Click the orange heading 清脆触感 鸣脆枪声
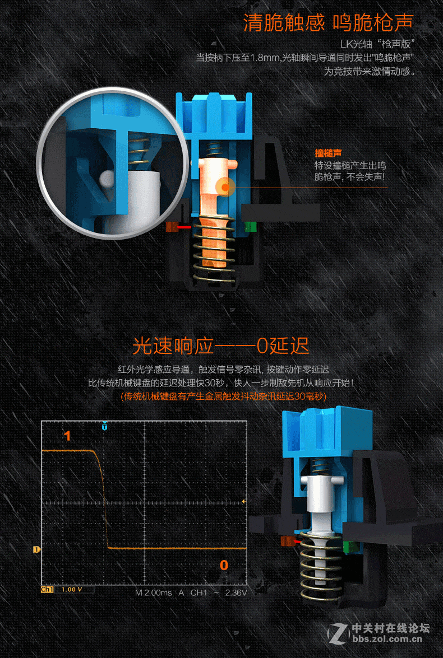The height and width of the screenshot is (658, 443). pyautogui.click(x=328, y=22)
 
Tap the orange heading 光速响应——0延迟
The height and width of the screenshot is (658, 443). pyautogui.click(x=221, y=346)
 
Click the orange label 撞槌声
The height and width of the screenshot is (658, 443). pyautogui.click(x=328, y=153)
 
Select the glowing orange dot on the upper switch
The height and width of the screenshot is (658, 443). pyautogui.click(x=225, y=187)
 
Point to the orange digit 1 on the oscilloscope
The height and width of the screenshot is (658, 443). pyautogui.click(x=67, y=436)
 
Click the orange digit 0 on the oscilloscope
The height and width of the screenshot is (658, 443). pyautogui.click(x=224, y=565)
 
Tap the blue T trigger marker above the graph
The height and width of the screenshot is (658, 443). pyautogui.click(x=105, y=426)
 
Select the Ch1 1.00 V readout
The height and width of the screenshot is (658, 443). pyautogui.click(x=67, y=589)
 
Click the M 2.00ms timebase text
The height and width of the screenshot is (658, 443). pyautogui.click(x=154, y=592)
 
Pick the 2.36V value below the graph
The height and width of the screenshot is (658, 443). pyautogui.click(x=236, y=592)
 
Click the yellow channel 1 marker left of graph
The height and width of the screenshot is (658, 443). pyautogui.click(x=37, y=549)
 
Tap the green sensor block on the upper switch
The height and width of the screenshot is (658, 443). pyautogui.click(x=251, y=227)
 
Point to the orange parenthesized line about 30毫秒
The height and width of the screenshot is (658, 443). pyautogui.click(x=224, y=396)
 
